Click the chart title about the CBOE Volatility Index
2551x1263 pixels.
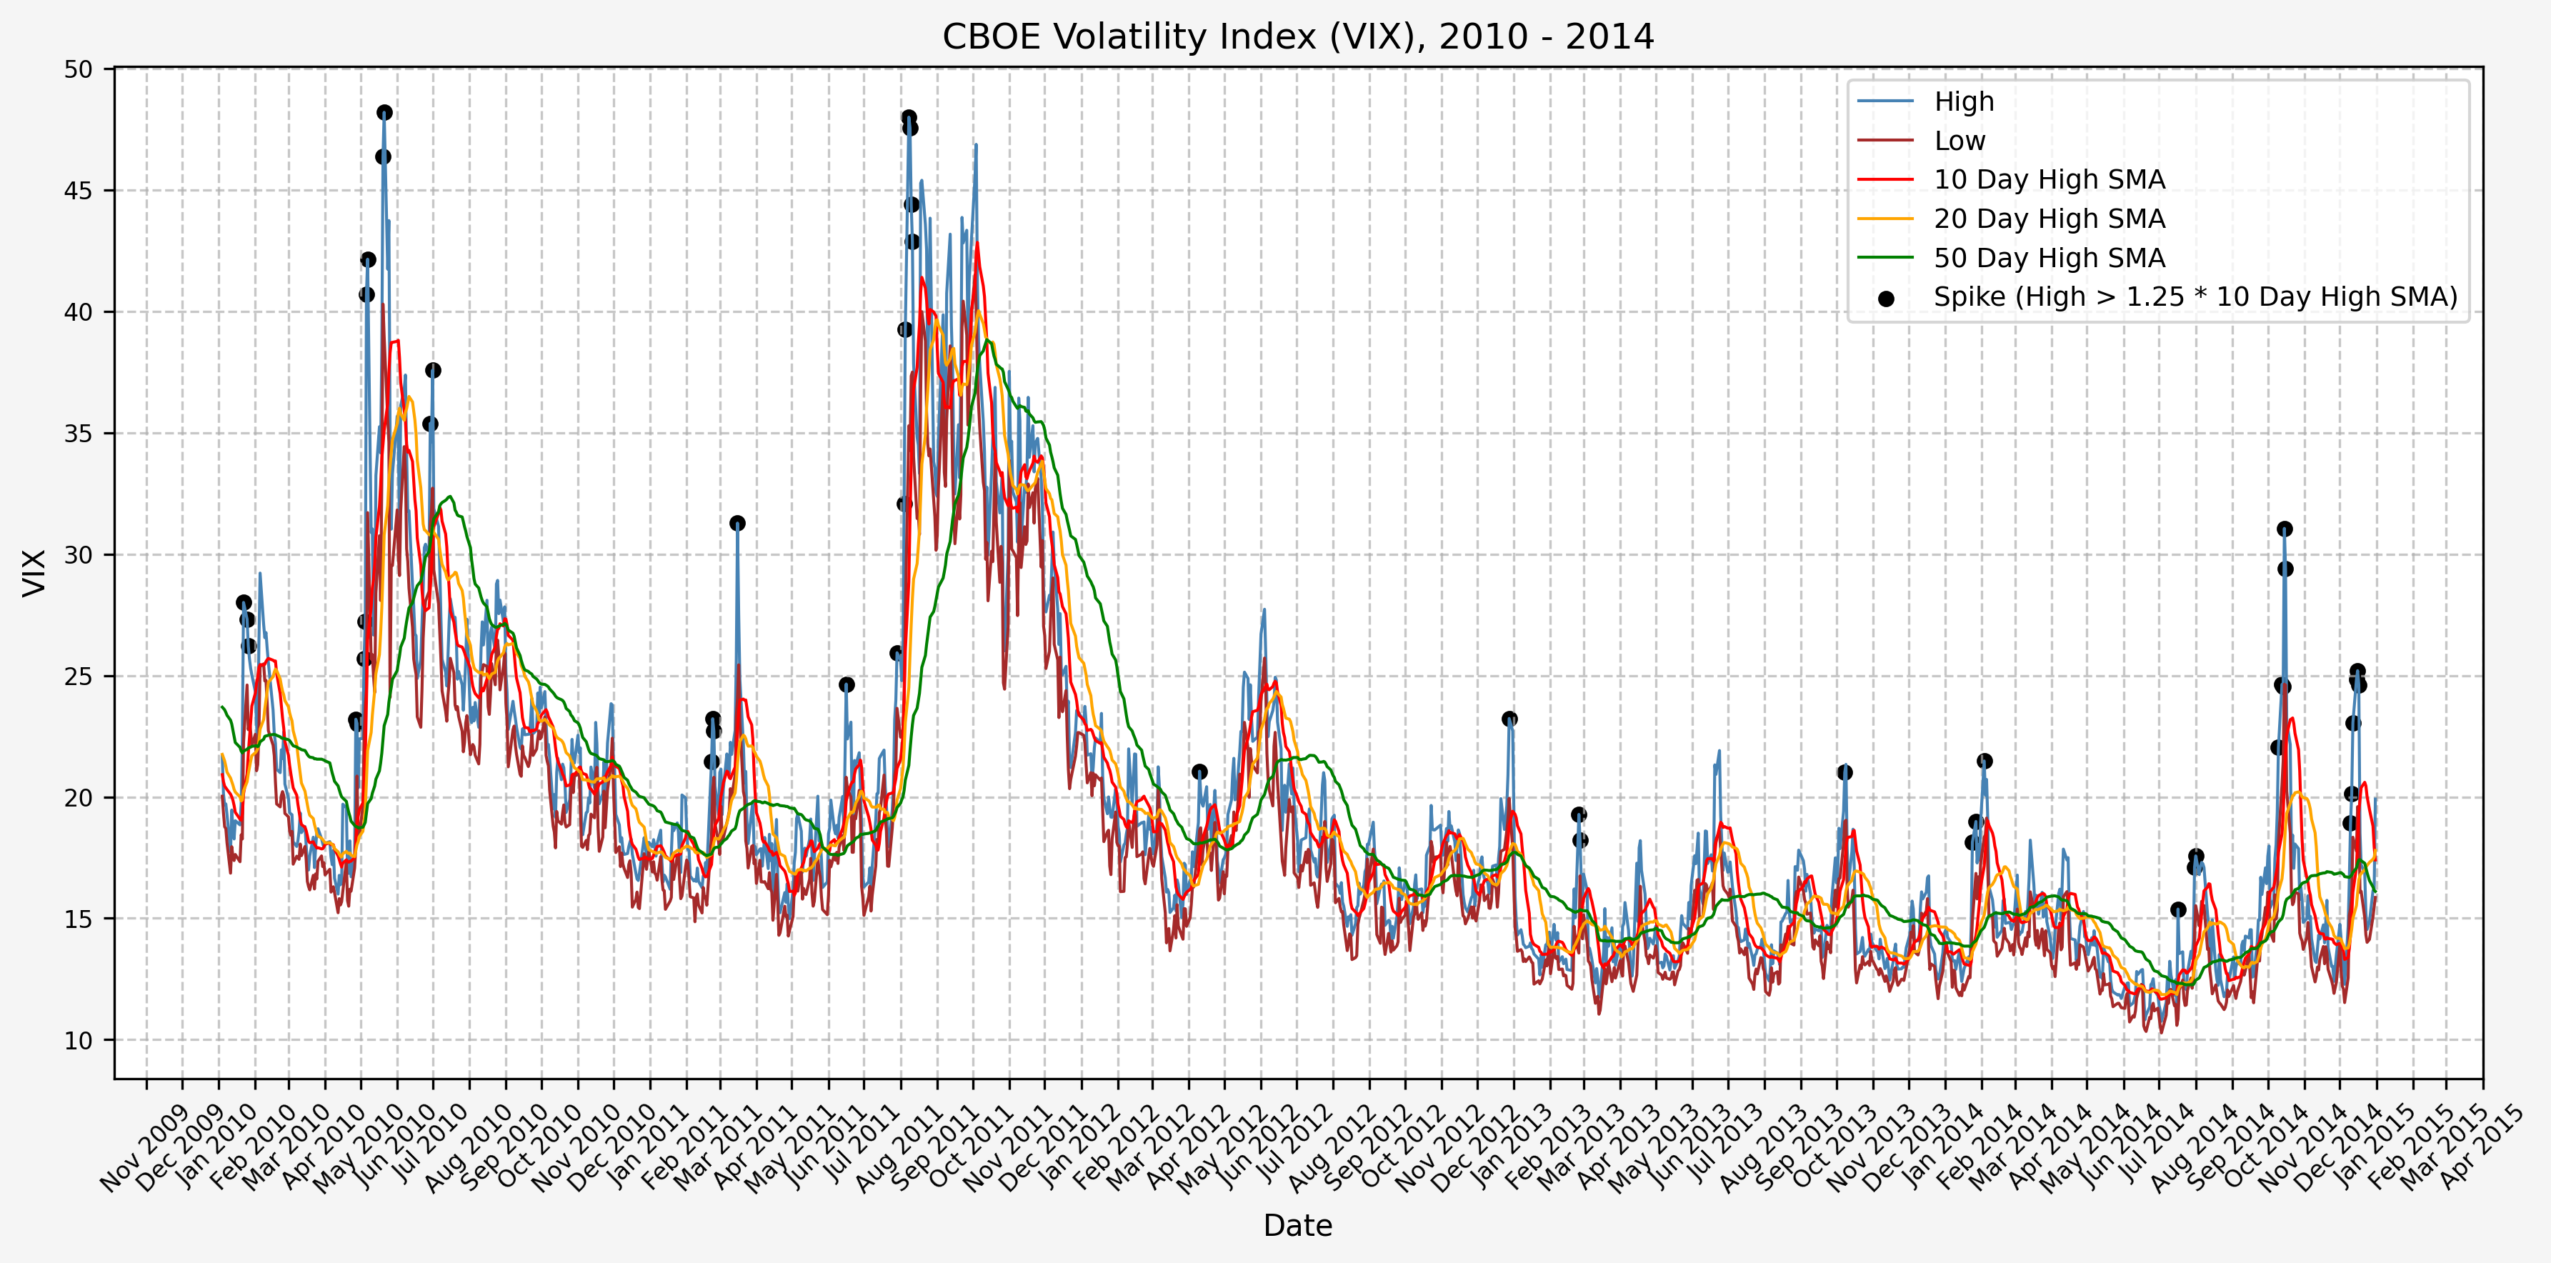[1297, 36]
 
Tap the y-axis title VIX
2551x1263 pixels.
[35, 572]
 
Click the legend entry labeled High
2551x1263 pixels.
[1964, 101]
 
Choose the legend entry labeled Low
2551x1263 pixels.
[1959, 141]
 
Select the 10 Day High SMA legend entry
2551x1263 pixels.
[2049, 179]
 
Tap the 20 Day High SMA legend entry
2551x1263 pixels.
[2049, 219]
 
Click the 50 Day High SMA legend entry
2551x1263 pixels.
[2049, 258]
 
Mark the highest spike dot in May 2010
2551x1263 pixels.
[384, 113]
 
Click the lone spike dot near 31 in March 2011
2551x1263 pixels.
[737, 523]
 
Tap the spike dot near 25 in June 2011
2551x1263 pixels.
[847, 684]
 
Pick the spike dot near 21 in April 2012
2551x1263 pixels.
[1199, 772]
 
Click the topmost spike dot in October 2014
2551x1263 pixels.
[2285, 529]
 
